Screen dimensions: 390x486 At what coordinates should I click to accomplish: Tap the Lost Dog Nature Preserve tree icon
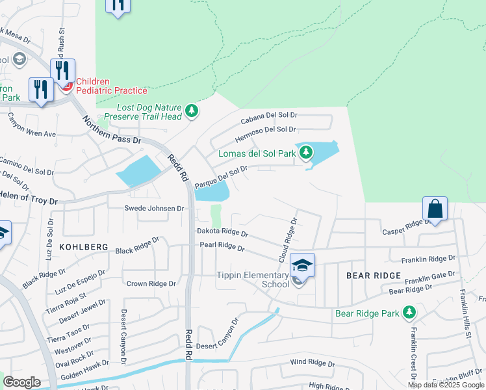191,112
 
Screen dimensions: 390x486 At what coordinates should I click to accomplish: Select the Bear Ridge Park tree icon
409,313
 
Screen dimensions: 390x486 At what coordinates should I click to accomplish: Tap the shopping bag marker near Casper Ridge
435,209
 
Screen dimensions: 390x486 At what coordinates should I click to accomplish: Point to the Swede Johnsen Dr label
155,209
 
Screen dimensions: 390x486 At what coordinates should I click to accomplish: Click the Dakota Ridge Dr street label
222,232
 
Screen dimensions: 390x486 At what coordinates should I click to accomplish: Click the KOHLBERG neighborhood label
83,247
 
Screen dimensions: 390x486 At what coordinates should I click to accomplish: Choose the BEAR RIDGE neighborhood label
374,276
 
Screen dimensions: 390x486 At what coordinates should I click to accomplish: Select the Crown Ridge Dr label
151,283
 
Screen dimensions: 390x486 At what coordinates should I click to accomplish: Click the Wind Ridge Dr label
312,362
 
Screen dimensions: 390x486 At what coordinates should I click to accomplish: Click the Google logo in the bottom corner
22,382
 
